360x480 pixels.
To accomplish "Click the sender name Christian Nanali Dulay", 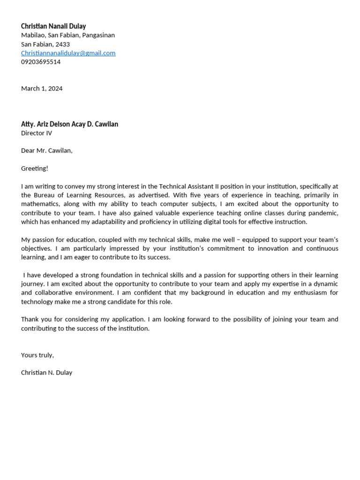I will click(x=53, y=26).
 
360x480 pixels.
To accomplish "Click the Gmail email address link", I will click(x=68, y=53).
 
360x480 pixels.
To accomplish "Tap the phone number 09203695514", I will click(x=41, y=62).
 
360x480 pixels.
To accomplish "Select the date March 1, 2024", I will click(x=42, y=89).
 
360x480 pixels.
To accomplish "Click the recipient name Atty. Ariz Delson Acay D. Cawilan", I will click(x=69, y=124).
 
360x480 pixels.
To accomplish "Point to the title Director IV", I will click(x=37, y=133).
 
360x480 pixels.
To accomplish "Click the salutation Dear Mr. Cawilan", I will click(x=46, y=151).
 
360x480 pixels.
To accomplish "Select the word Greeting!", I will click(x=35, y=168).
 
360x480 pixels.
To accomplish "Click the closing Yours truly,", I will click(x=37, y=355).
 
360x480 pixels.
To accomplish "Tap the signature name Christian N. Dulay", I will click(x=46, y=373).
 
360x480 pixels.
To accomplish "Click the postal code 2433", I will click(x=62, y=44).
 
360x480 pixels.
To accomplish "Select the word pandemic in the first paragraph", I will click(x=324, y=213).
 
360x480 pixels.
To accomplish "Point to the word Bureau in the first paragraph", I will click(x=45, y=195).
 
